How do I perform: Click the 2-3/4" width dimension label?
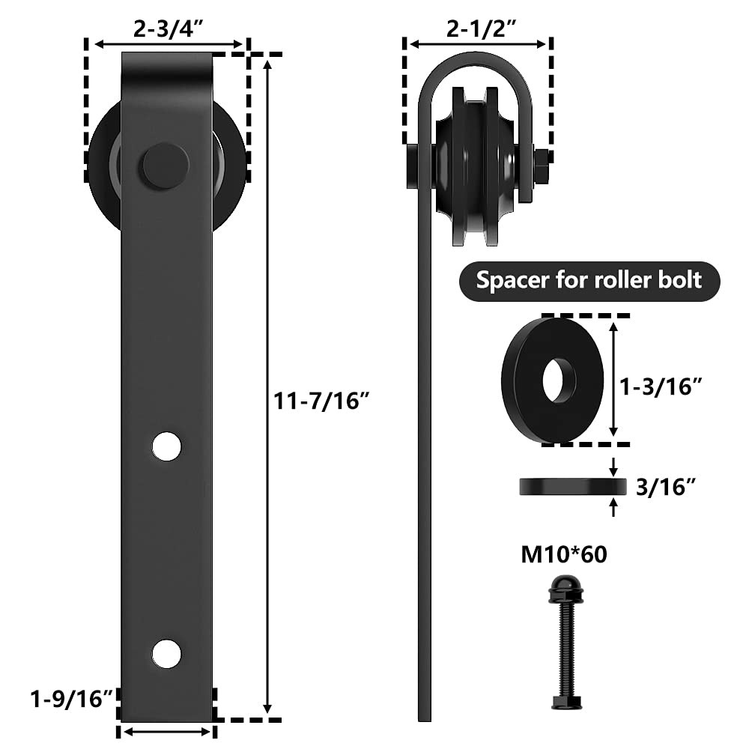click(169, 29)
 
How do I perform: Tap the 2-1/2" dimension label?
click(482, 29)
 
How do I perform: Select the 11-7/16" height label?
click(322, 401)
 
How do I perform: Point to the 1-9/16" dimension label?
click(71, 700)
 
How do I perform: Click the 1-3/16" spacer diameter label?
click(661, 386)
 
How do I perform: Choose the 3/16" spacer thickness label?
click(665, 488)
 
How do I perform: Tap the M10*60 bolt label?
click(564, 554)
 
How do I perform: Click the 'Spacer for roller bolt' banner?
click(589, 282)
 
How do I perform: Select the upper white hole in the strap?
click(167, 446)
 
